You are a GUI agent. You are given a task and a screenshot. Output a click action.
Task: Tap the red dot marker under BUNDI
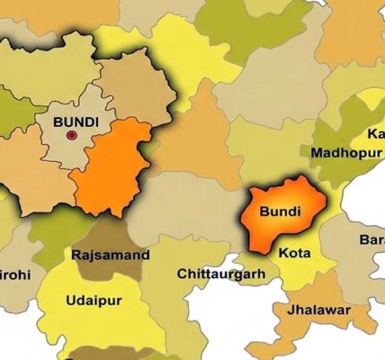tap(72, 136)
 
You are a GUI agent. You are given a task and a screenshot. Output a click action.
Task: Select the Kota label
tap(294, 255)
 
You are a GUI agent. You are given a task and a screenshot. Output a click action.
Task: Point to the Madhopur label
tap(342, 152)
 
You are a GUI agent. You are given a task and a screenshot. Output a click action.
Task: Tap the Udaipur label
tap(94, 300)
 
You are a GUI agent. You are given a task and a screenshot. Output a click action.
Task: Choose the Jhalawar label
tap(319, 310)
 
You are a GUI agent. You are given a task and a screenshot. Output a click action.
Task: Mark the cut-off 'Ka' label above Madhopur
tap(375, 134)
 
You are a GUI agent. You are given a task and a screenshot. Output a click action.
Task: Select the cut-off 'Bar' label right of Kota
tap(372, 239)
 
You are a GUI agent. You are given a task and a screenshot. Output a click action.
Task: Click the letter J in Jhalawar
tap(291, 310)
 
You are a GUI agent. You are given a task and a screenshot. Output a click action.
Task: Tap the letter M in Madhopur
tap(317, 152)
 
